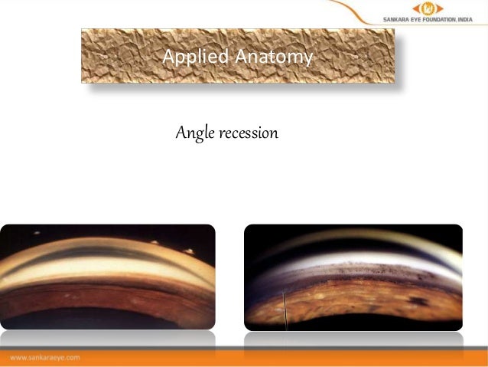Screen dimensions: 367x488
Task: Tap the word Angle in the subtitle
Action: click(x=191, y=134)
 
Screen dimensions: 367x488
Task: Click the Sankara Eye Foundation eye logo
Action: click(x=428, y=8)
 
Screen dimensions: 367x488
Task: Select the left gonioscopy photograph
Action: click(x=108, y=277)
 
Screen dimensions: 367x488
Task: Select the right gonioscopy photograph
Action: click(x=353, y=277)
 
